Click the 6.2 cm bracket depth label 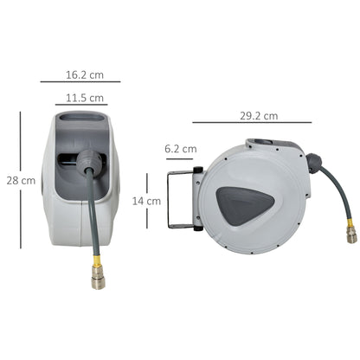tap(180, 149)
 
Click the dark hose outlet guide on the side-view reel tap(312, 161)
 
